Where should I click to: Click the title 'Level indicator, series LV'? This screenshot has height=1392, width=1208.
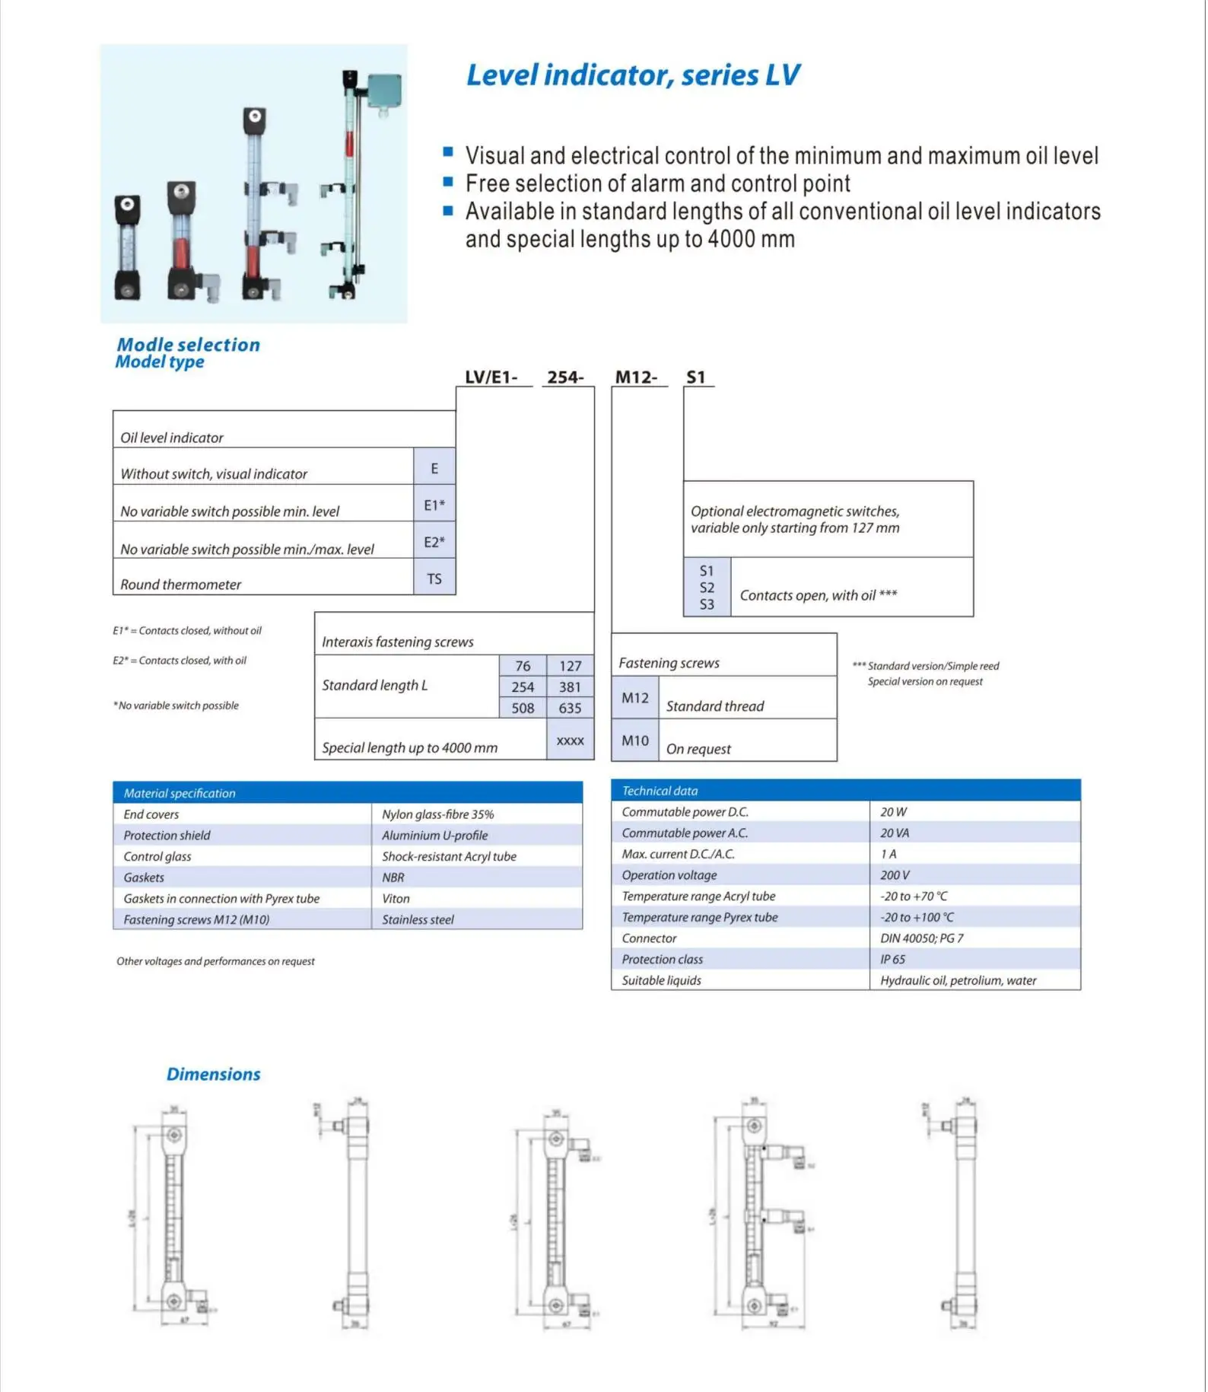click(x=632, y=75)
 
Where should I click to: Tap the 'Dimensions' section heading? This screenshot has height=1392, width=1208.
click(x=213, y=1074)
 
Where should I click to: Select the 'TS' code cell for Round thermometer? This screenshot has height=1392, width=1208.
click(x=434, y=578)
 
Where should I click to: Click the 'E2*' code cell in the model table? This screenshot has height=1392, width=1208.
click(x=434, y=542)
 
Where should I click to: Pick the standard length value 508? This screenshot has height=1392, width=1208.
click(x=523, y=708)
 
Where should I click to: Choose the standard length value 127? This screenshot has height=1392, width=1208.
click(x=570, y=666)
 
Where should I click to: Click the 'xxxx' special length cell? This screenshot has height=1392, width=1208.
click(x=570, y=741)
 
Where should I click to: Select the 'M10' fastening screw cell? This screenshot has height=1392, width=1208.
click(x=635, y=741)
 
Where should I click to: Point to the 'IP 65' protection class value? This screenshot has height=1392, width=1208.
click(x=892, y=960)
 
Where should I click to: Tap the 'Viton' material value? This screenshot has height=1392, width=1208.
click(x=396, y=899)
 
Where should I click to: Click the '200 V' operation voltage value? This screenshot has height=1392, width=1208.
click(x=895, y=875)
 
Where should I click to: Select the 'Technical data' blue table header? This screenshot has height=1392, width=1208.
click(x=845, y=791)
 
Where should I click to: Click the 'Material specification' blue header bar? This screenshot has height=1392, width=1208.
click(x=348, y=793)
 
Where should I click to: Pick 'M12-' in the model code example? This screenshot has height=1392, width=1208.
click(x=637, y=377)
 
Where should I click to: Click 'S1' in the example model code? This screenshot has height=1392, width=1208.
click(x=696, y=377)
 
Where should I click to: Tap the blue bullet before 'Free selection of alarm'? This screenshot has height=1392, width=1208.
click(x=448, y=182)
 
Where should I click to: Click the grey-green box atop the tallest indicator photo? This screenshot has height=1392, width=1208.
click(x=384, y=91)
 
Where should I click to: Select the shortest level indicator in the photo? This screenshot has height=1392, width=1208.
click(x=127, y=247)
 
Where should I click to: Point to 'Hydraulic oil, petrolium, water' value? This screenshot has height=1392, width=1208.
click(x=958, y=980)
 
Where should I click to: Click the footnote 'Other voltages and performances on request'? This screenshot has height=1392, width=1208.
click(x=215, y=961)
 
